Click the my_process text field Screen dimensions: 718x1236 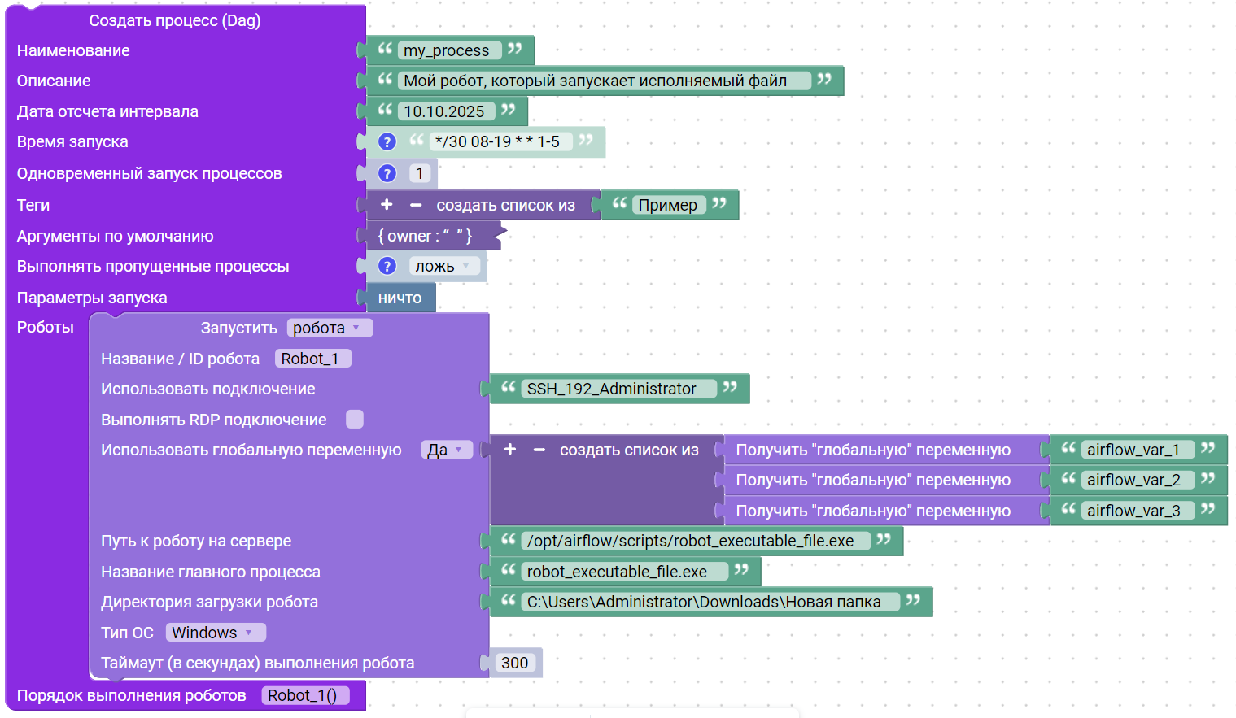[x=447, y=50]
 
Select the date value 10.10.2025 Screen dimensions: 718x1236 [x=444, y=111]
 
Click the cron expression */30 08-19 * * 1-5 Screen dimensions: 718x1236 [x=497, y=141]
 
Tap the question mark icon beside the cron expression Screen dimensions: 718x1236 [x=387, y=141]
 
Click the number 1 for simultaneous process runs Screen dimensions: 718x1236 [x=419, y=173]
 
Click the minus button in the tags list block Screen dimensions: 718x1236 [x=416, y=205]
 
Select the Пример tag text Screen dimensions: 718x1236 [x=667, y=205]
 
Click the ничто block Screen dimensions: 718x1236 [x=400, y=298]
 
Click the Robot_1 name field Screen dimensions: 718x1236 [x=312, y=359]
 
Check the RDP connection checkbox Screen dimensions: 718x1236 [x=355, y=420]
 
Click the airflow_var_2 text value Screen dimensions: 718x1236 [x=1133, y=480]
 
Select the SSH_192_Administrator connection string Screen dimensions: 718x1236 [x=612, y=389]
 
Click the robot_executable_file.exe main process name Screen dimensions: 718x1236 [x=617, y=572]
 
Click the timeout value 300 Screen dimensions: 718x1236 [x=515, y=663]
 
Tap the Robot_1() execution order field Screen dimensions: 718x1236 [x=304, y=695]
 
